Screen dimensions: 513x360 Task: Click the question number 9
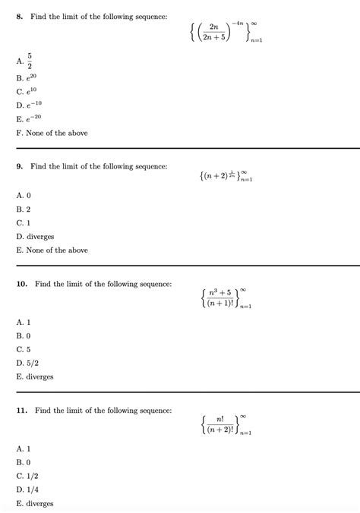[20, 166]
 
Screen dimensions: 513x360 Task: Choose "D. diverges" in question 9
[35, 236]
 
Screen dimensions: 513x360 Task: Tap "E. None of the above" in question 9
[52, 250]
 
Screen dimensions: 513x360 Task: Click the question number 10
[22, 284]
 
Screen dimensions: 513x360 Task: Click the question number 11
[22, 411]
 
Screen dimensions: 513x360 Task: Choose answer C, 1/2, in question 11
[27, 476]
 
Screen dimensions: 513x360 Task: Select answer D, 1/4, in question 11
[27, 489]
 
